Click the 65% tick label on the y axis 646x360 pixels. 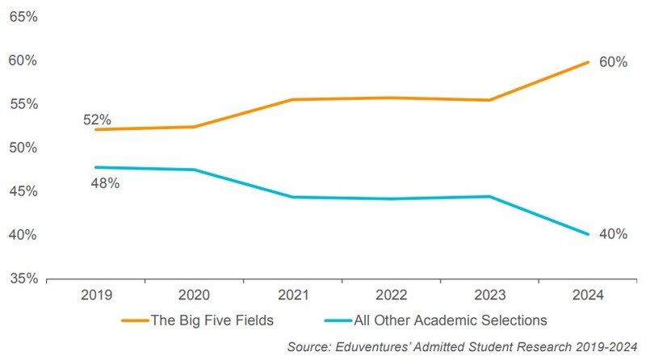[23, 17]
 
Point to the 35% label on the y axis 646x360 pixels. [23, 278]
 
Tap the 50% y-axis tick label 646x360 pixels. [23, 148]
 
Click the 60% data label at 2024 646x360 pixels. [612, 61]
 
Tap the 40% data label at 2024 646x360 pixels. [612, 235]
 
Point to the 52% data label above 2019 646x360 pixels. [97, 119]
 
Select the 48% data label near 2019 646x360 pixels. [105, 183]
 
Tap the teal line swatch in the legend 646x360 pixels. [331, 320]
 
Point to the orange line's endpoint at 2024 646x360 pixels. [587, 61]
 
